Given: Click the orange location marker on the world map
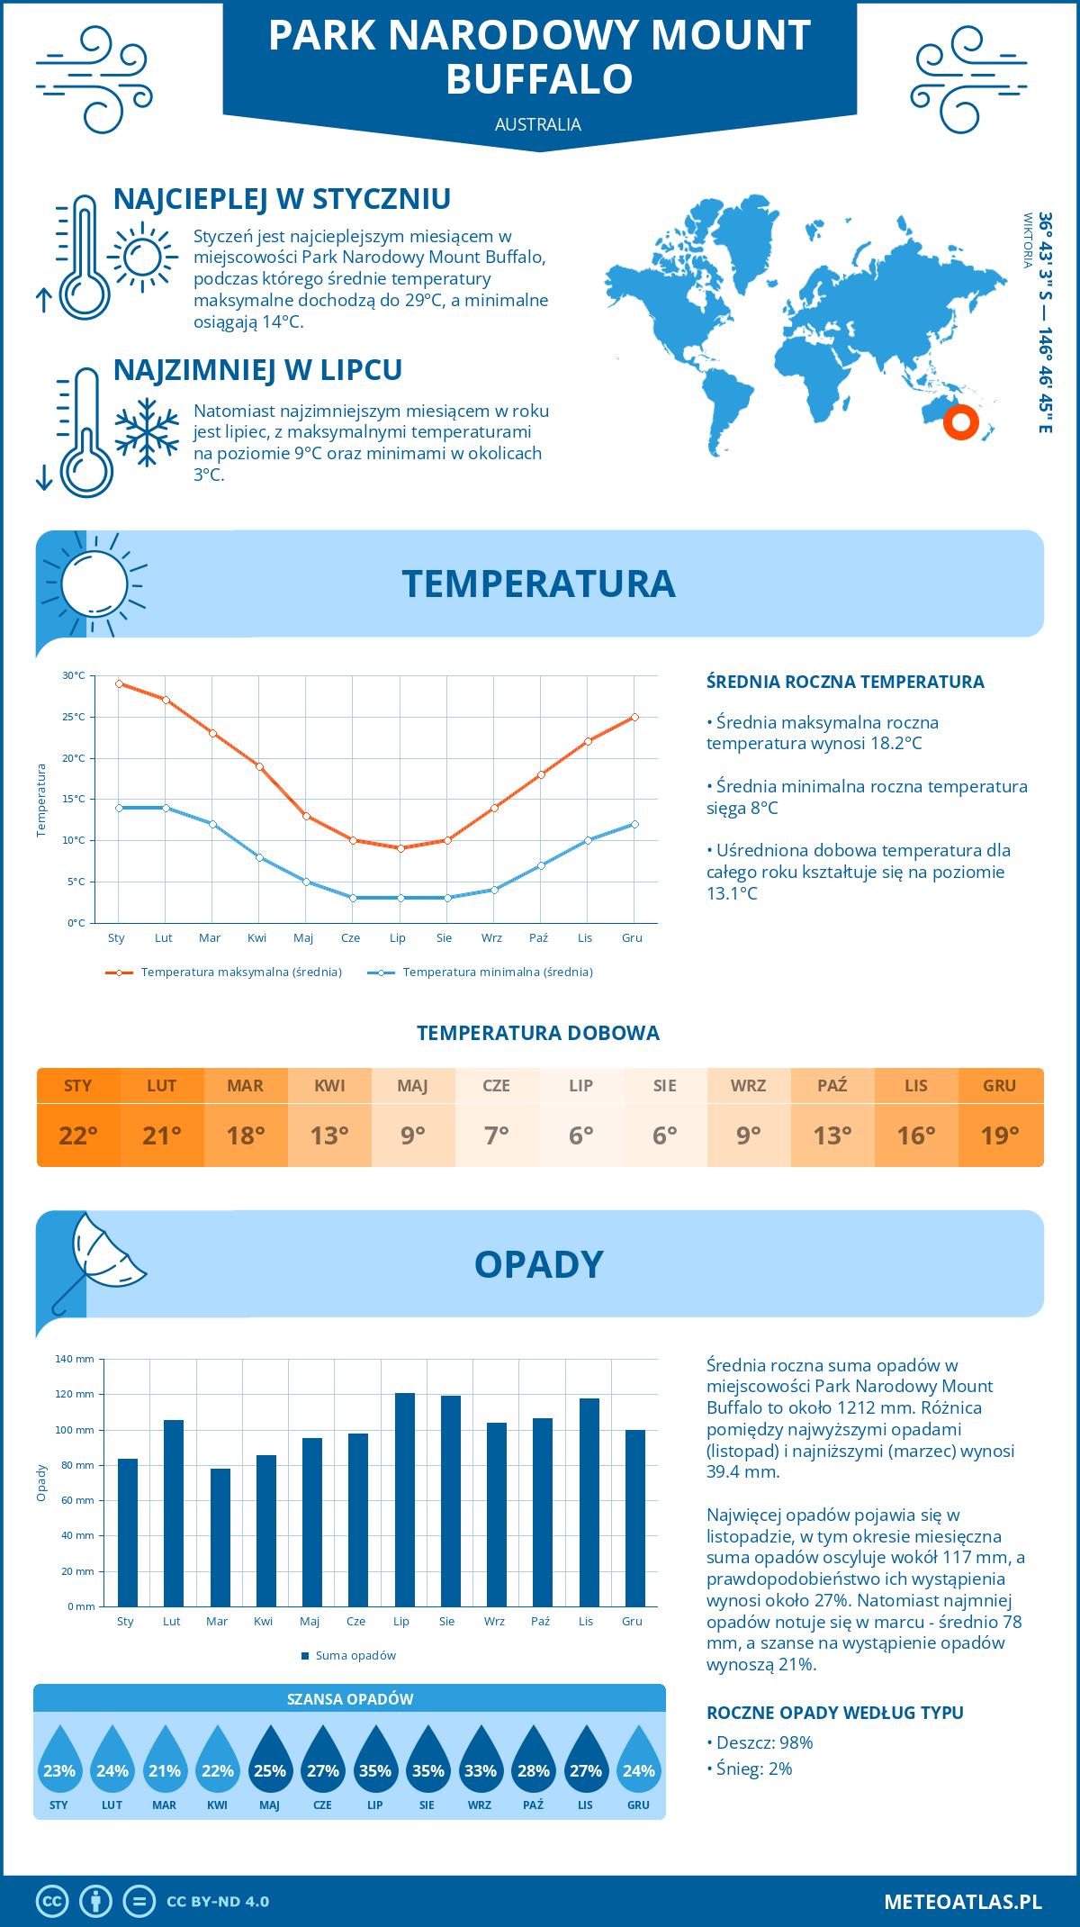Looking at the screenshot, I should (x=960, y=421).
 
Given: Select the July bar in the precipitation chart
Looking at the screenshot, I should (x=405, y=1499).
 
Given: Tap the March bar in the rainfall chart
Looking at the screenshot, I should (x=220, y=1537).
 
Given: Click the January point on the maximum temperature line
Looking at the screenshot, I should (x=119, y=683).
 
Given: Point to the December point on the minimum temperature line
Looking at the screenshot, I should (x=634, y=824).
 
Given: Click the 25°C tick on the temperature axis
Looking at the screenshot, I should (x=74, y=717).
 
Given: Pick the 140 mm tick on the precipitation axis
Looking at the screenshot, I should (x=75, y=1359).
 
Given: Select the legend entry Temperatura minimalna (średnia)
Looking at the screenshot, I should (x=497, y=973).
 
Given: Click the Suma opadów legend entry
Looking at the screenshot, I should (x=355, y=1655).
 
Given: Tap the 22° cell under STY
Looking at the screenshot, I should (x=78, y=1135).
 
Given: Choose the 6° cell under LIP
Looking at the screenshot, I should (x=581, y=1135).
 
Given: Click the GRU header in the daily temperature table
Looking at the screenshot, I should (x=1000, y=1085).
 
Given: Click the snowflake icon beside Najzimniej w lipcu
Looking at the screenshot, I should (x=147, y=432).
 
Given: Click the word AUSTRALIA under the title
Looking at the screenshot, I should (x=538, y=124).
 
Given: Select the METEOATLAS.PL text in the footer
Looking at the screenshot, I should (x=963, y=1902).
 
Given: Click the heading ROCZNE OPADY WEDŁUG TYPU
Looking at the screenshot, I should (x=834, y=1713).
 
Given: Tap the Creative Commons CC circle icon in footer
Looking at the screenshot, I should (x=52, y=1902).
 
